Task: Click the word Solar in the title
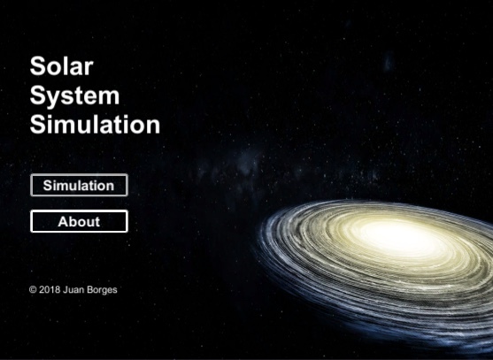tap(61, 66)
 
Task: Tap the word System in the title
tap(74, 96)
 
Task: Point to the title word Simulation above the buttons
tap(95, 124)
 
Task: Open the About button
tap(79, 221)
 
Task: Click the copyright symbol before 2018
tap(33, 289)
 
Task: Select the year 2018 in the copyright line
tap(50, 289)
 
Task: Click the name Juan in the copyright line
tap(73, 289)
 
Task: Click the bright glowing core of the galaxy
tap(389, 235)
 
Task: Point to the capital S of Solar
tap(38, 66)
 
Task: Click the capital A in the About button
tap(64, 221)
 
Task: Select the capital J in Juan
tap(65, 289)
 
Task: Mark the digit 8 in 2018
tap(57, 289)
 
